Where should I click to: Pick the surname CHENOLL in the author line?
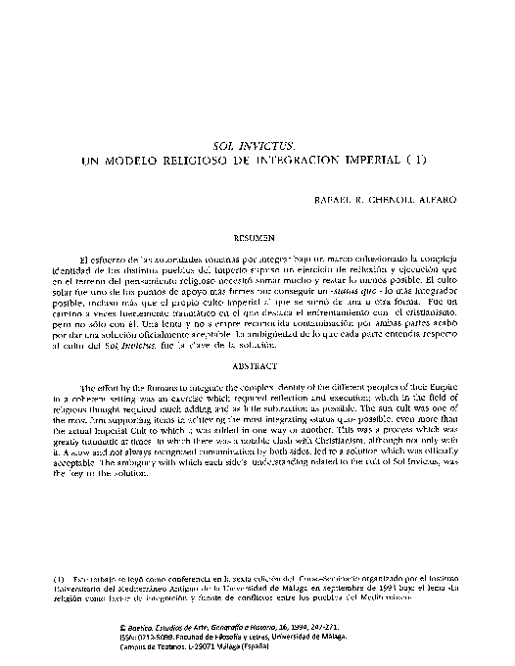click(392, 200)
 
